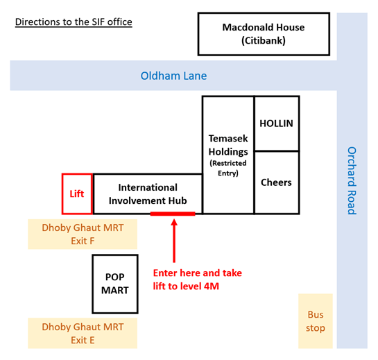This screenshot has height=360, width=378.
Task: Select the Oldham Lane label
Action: tap(173, 76)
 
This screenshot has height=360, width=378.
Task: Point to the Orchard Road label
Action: tap(352, 180)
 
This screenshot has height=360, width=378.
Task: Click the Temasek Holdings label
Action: tap(228, 145)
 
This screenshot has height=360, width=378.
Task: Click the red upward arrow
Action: tap(174, 241)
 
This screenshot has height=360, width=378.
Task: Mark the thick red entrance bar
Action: tap(173, 214)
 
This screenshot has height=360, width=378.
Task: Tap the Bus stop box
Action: tap(316, 321)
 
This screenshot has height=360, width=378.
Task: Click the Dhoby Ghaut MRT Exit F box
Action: tap(83, 234)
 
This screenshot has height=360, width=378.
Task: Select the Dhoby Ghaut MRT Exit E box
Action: tap(83, 333)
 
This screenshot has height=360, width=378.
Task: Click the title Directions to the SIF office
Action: tap(74, 22)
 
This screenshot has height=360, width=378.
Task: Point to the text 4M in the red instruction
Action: tap(212, 286)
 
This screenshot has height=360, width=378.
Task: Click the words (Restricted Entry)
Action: tap(228, 168)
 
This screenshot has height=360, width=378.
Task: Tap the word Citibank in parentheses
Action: tap(264, 40)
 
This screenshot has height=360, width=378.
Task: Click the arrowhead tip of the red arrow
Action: tap(174, 219)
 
